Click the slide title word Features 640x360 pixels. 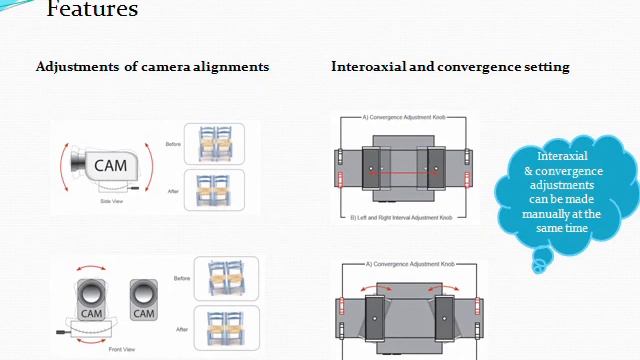click(x=92, y=10)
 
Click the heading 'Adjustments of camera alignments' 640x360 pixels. click(x=152, y=67)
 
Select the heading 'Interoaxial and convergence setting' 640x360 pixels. click(x=450, y=67)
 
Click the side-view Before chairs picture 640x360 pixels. click(x=221, y=144)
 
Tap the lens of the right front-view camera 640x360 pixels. click(x=144, y=292)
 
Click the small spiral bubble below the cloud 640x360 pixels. click(x=541, y=262)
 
